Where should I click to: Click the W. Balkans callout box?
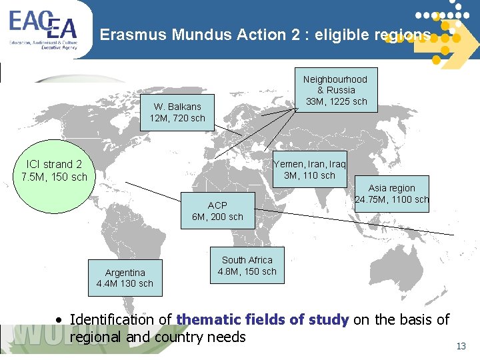177,113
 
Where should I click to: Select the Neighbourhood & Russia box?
335,90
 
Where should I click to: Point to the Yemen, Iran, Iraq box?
309,170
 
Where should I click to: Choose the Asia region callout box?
391,194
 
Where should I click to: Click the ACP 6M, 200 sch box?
217,211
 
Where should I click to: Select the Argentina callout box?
125,277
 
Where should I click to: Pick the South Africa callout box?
247,265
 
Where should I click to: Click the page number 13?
461,346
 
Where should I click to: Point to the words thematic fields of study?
263,320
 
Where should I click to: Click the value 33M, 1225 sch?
336,101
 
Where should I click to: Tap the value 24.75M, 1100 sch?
392,199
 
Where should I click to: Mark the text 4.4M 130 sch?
125,283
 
